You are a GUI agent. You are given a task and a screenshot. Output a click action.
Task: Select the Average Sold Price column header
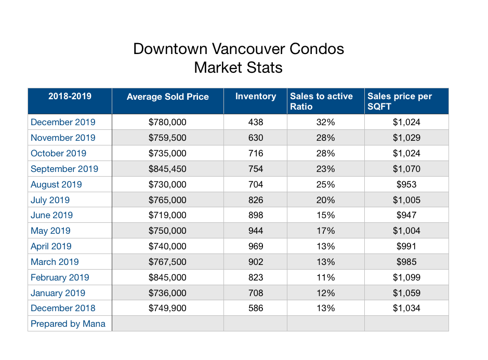click(x=167, y=97)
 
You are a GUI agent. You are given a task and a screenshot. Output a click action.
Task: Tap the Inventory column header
click(x=255, y=96)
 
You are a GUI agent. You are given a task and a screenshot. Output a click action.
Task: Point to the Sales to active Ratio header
click(x=321, y=101)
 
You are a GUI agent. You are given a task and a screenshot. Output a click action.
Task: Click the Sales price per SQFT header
click(x=399, y=101)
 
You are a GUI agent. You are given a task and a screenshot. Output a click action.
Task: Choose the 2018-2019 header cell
click(x=70, y=96)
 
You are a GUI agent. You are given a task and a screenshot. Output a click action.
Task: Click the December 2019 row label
click(x=63, y=122)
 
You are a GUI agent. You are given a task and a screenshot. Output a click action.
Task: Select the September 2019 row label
click(x=64, y=169)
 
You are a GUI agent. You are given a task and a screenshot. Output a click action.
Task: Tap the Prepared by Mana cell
click(x=68, y=324)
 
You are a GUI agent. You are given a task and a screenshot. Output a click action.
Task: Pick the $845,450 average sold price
click(x=167, y=169)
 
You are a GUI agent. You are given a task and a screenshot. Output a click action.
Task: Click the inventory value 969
click(x=255, y=246)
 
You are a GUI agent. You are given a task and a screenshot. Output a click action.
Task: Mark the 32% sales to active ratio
click(x=325, y=122)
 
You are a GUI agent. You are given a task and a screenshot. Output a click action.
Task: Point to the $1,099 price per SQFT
click(x=406, y=277)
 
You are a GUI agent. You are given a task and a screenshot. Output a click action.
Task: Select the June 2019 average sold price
click(x=167, y=215)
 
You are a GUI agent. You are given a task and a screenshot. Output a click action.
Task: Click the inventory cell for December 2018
click(x=255, y=308)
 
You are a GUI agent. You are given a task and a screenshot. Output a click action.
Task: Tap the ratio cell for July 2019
click(x=325, y=200)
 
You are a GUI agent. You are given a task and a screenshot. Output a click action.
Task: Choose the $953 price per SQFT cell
click(x=406, y=184)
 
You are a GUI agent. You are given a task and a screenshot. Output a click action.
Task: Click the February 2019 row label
click(x=60, y=277)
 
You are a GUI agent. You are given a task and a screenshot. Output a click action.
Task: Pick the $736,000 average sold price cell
click(x=167, y=293)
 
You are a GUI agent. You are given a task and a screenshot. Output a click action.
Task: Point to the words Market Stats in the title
click(x=239, y=68)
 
